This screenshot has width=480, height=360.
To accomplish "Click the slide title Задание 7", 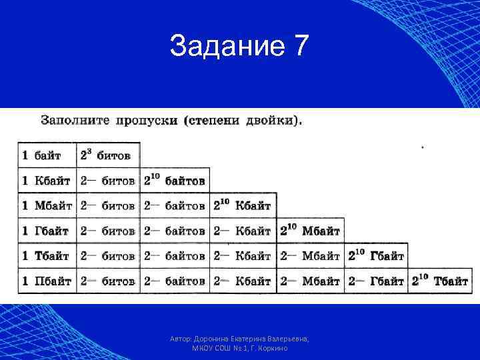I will tap(239, 47).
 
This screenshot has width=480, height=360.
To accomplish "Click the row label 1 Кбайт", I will tap(46, 181).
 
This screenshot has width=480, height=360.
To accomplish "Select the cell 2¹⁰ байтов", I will tap(175, 181).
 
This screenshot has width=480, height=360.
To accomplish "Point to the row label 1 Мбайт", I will tap(46, 206).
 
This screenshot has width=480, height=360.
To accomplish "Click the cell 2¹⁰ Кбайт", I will tap(243, 206).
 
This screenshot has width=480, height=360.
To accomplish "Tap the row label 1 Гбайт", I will tap(46, 231).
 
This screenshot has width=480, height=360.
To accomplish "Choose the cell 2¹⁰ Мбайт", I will tap(310, 231).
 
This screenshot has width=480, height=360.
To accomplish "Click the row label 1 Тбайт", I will tap(46, 256).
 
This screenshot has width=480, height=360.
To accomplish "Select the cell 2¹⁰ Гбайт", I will tap(376, 256).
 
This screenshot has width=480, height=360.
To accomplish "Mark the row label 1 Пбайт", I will tap(46, 281).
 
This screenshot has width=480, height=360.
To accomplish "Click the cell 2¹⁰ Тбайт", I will tap(441, 281).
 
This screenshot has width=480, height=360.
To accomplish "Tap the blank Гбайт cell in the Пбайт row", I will tap(376, 281).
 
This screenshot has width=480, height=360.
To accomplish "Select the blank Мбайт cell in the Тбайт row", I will tap(310, 256).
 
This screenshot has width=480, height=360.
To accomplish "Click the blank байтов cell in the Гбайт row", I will tap(175, 231).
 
